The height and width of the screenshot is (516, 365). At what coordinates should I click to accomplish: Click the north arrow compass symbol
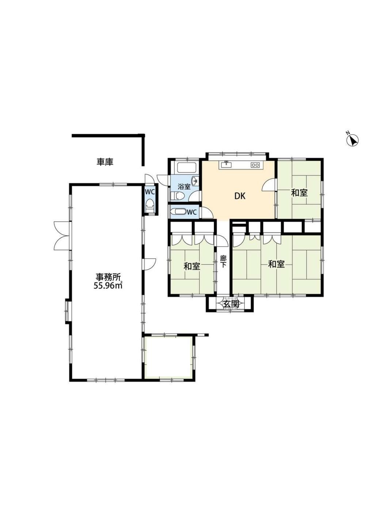tap(353, 140)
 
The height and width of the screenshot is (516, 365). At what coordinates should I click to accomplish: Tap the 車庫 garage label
tap(105, 162)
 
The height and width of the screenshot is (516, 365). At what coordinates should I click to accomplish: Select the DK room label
tap(240, 196)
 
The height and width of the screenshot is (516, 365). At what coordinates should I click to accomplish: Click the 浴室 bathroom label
tap(184, 187)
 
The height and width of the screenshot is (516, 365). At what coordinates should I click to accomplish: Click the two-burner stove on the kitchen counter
tap(255, 165)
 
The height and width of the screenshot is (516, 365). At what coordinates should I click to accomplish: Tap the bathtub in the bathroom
tap(187, 168)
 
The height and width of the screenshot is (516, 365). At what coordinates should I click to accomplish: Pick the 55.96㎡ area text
tap(107, 286)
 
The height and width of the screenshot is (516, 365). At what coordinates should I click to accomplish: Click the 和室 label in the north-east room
tap(299, 193)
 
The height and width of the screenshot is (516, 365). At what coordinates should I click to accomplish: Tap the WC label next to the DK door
tap(191, 212)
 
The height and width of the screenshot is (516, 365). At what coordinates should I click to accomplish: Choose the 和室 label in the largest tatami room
tap(276, 264)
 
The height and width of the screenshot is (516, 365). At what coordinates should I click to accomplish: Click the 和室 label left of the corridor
tap(191, 267)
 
